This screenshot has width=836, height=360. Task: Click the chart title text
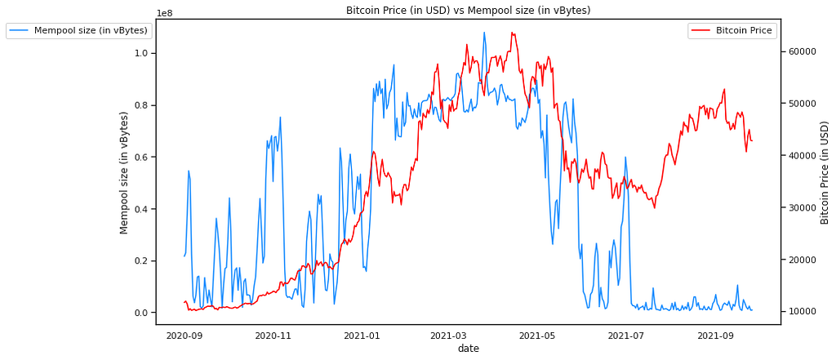tap(468, 11)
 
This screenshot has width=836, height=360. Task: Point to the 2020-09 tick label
tap(184, 336)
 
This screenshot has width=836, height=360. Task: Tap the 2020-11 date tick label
tap(273, 336)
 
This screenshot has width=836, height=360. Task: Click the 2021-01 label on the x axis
tap(362, 336)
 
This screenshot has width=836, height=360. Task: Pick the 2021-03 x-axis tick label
tap(447, 336)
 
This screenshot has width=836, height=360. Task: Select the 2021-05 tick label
tap(536, 336)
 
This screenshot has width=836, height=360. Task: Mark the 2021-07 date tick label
tap(625, 336)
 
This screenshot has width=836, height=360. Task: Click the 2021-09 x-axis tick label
tap(716, 336)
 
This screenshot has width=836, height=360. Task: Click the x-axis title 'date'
tap(468, 349)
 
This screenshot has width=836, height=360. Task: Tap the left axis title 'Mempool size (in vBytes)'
tap(125, 172)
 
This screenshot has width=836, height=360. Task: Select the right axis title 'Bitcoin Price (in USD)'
tap(825, 172)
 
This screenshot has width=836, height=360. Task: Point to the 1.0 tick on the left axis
tap(141, 53)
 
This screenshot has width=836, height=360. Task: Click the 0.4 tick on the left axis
tap(141, 209)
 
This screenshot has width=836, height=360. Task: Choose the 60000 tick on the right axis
tap(801, 51)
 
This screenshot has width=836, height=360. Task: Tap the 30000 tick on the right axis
tap(801, 207)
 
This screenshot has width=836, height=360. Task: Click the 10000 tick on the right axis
tap(801, 312)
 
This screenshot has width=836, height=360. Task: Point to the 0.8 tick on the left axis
tap(141, 105)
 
